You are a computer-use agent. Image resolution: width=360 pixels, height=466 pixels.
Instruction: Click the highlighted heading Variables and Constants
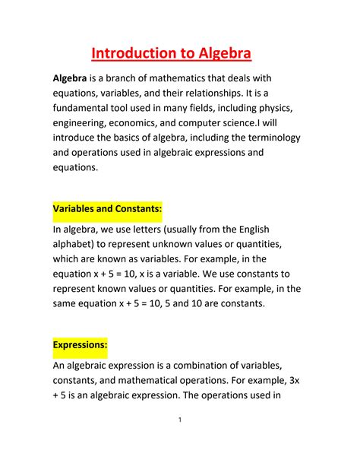107,208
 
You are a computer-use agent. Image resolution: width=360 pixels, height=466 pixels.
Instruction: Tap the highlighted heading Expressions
80,344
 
